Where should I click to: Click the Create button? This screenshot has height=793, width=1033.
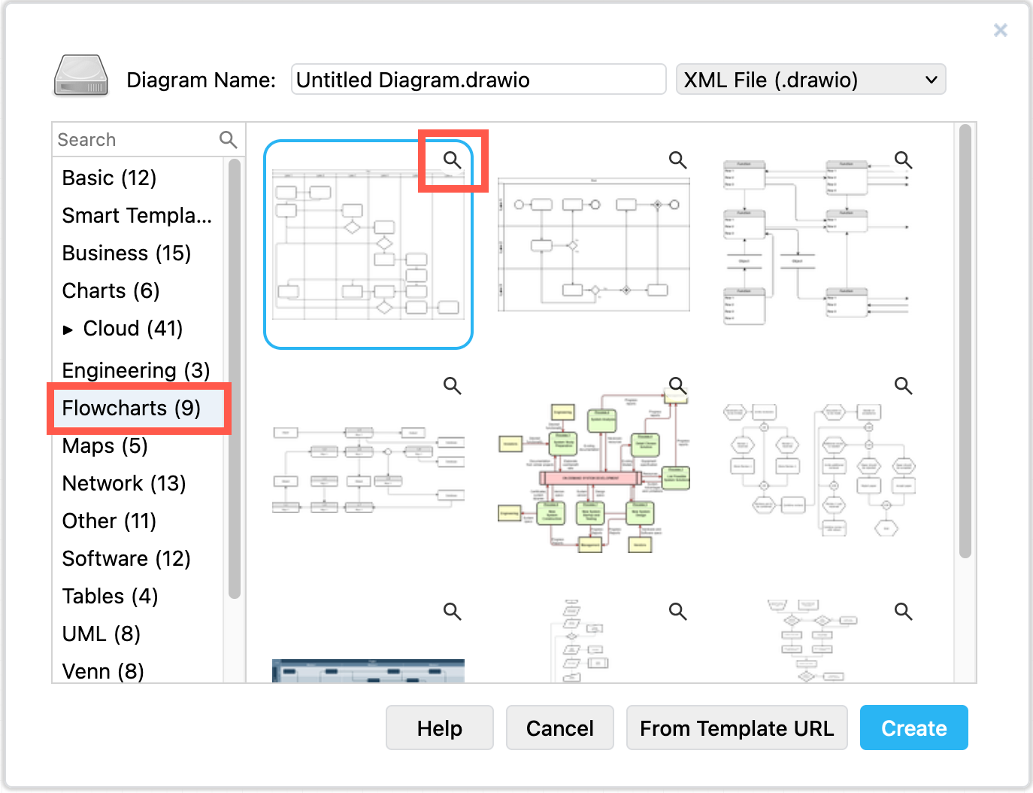tap(913, 728)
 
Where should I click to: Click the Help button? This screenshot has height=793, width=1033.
tap(439, 728)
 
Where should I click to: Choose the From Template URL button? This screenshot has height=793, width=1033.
tap(736, 728)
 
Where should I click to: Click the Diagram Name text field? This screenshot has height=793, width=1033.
tap(478, 80)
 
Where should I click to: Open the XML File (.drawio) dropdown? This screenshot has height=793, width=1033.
tap(810, 80)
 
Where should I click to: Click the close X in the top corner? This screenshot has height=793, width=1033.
tap(1000, 30)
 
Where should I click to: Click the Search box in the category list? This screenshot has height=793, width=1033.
tap(135, 140)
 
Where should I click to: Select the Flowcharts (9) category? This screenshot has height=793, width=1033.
tap(132, 408)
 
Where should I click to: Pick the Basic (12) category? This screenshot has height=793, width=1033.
tap(110, 178)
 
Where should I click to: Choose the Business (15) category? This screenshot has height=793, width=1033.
tap(126, 253)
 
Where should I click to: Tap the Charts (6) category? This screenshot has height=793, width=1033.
tap(111, 290)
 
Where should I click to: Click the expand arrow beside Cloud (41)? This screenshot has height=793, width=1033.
tap(68, 330)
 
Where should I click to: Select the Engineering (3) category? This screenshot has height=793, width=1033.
tap(135, 370)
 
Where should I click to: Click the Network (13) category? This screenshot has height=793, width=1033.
tap(124, 483)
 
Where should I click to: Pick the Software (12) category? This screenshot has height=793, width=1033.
tap(126, 558)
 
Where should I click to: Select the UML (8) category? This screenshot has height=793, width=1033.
tap(101, 633)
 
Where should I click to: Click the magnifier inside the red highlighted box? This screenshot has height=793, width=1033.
tap(452, 160)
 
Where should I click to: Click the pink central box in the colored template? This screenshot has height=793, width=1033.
tap(590, 478)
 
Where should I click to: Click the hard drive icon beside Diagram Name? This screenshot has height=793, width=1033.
tap(81, 76)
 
